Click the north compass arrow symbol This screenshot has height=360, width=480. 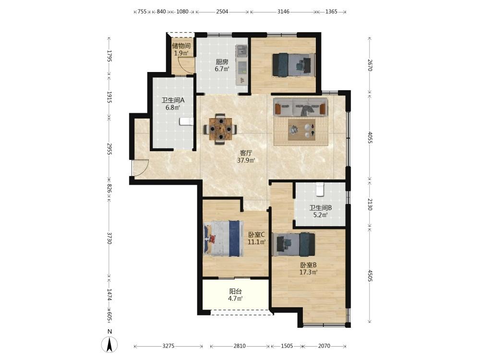(109, 344)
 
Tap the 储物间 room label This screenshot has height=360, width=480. (181, 46)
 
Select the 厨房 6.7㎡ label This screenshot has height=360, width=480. (222, 65)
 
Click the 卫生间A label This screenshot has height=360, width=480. (173, 100)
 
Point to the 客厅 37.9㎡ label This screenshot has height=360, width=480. (246, 156)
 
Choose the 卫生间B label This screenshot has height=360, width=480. (321, 207)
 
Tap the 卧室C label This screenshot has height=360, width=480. (256, 235)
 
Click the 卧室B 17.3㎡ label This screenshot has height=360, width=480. (308, 268)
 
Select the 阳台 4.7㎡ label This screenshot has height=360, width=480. (235, 295)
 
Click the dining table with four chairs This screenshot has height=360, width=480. (220, 129)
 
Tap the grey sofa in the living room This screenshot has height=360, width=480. (300, 107)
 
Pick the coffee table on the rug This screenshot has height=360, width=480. (301, 130)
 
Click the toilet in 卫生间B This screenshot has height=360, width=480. (320, 189)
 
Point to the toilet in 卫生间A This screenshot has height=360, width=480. (186, 121)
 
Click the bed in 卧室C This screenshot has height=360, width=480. (224, 239)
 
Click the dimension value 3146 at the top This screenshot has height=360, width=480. (284, 12)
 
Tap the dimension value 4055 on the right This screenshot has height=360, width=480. (370, 137)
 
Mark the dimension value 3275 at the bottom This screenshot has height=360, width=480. (168, 346)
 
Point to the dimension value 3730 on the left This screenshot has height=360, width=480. (109, 238)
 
